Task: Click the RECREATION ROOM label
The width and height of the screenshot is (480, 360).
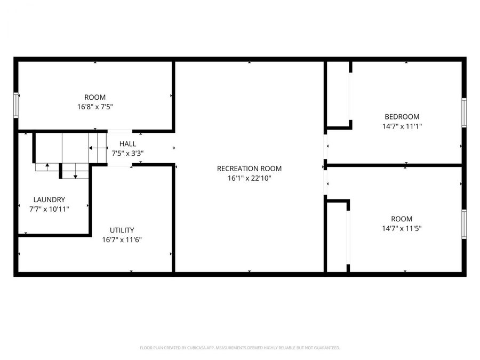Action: [249, 169]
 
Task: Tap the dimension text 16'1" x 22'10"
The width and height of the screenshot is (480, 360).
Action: [249, 179]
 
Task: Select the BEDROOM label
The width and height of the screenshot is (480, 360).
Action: [402, 117]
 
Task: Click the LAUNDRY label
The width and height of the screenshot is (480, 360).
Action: [49, 199]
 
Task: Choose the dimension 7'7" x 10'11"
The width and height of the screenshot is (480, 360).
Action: [49, 209]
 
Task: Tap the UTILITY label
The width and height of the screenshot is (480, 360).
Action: [122, 230]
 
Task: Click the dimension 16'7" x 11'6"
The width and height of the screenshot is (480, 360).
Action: [122, 239]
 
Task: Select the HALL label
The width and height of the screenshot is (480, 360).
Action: [127, 144]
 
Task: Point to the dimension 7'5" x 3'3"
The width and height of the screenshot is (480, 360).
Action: [127, 154]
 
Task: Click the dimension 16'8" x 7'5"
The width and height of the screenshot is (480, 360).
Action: [95, 107]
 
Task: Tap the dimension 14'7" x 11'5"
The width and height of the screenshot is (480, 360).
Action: [402, 228]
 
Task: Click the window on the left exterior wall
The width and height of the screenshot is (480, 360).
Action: [16, 105]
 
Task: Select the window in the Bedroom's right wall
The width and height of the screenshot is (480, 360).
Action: [464, 113]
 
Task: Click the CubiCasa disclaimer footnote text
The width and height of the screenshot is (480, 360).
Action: [239, 348]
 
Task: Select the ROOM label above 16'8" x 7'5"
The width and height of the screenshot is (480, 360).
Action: [95, 97]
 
